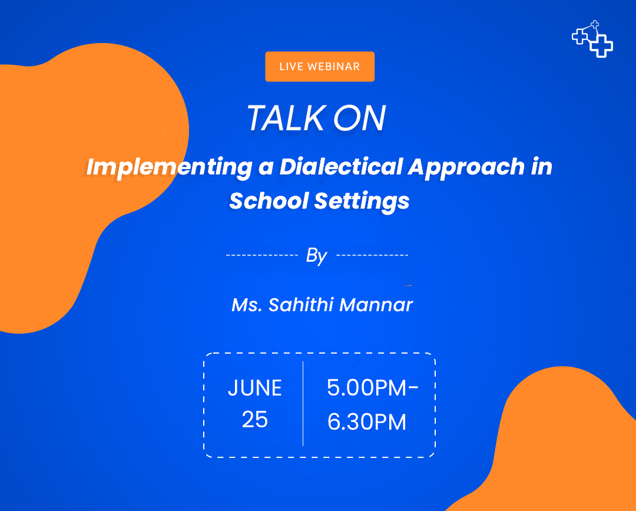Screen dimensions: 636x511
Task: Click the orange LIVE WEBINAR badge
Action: tap(320, 67)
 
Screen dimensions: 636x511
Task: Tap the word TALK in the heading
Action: tap(286, 118)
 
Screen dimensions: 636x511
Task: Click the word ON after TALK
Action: tap(359, 118)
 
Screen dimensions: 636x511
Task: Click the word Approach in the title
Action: tap(466, 167)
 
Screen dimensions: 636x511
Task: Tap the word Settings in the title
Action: tap(362, 202)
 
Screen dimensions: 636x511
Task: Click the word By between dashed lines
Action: tap(316, 256)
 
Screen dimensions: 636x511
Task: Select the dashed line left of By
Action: tap(262, 255)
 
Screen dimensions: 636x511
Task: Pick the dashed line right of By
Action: tap(372, 255)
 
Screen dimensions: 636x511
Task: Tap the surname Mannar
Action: tap(376, 305)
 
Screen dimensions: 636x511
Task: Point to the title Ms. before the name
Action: tap(247, 305)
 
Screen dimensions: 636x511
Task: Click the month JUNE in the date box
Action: tap(255, 388)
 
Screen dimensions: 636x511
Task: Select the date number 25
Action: tap(255, 420)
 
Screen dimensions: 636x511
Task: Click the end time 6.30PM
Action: tap(367, 421)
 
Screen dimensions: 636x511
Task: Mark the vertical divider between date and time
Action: tap(303, 404)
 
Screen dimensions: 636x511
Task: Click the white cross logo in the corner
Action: tap(592, 39)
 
